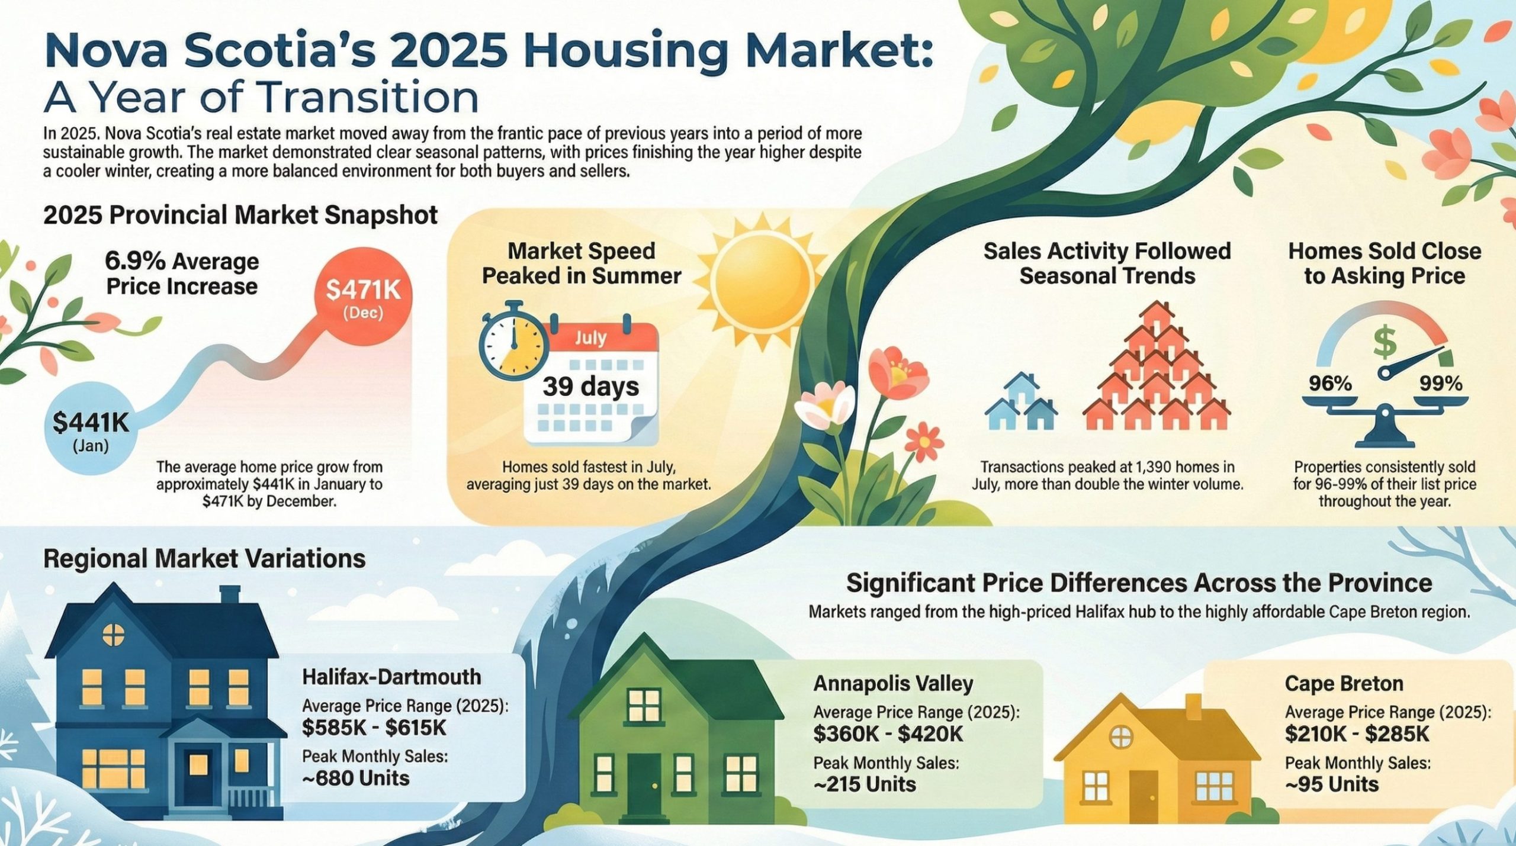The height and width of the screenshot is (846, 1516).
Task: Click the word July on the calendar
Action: point(590,337)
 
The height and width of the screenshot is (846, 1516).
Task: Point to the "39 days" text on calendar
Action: point(591,387)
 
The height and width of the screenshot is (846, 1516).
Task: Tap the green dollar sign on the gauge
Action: point(1385,344)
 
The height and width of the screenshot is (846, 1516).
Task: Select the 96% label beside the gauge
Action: point(1330,384)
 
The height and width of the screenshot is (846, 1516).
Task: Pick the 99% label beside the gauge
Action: point(1441,384)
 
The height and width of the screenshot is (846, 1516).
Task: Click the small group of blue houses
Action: point(1020,403)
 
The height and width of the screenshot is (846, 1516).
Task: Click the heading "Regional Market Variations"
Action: point(204,558)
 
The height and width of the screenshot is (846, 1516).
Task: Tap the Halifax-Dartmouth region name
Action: point(391,677)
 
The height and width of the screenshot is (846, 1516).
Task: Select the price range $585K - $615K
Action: point(374,728)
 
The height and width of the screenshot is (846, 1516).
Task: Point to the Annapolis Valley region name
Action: point(893,683)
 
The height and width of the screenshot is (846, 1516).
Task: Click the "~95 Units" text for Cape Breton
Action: point(1331,784)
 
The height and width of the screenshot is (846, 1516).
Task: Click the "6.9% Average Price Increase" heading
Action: point(182,274)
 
